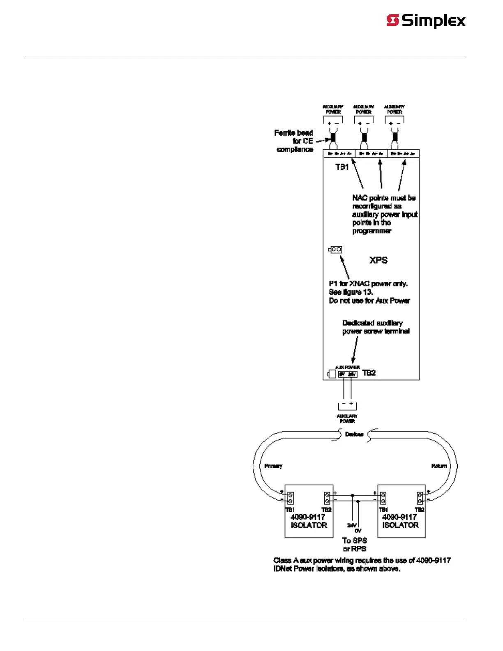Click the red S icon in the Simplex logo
click(x=392, y=20)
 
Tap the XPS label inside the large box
click(x=378, y=260)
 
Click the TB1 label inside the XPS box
click(x=342, y=167)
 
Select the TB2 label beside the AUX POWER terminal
click(x=369, y=373)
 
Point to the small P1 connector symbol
click(x=335, y=249)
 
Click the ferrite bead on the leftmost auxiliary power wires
click(x=333, y=137)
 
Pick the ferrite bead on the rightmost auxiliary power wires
click(x=395, y=137)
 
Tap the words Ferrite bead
click(x=293, y=133)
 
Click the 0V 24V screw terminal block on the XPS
click(x=347, y=374)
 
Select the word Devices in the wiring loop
click(x=354, y=434)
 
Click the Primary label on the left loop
click(x=273, y=466)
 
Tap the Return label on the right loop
click(x=439, y=466)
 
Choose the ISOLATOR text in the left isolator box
click(x=309, y=525)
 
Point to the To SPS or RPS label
click(x=354, y=545)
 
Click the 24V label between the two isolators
click(x=351, y=525)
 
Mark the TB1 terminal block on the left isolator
click(x=290, y=498)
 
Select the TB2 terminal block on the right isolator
click(x=420, y=498)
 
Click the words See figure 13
click(x=351, y=292)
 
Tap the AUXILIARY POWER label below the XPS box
click(x=347, y=418)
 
